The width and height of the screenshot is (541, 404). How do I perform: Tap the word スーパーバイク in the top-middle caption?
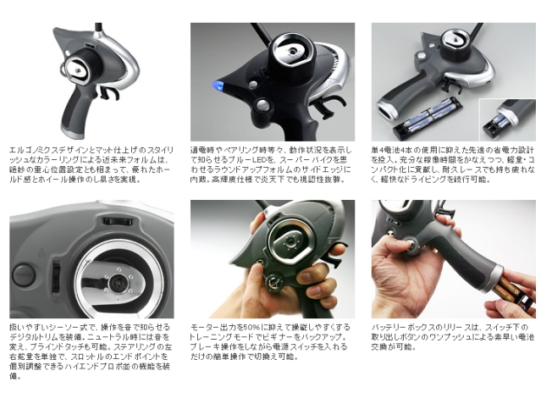302,158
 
